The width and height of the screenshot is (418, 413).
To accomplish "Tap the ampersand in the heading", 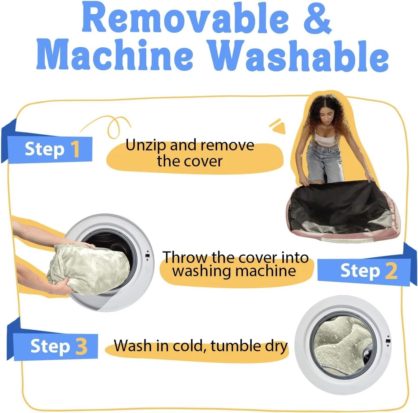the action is [318, 18].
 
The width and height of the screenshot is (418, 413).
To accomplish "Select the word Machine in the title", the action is [115, 55].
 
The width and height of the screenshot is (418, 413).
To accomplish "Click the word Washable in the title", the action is [298, 56].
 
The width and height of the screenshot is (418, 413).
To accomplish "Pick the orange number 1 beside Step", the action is [75, 149].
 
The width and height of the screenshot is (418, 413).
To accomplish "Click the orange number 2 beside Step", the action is [391, 271].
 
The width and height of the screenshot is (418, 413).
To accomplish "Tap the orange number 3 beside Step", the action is [82, 346].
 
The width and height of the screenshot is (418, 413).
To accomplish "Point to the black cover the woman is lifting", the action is [339, 206].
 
